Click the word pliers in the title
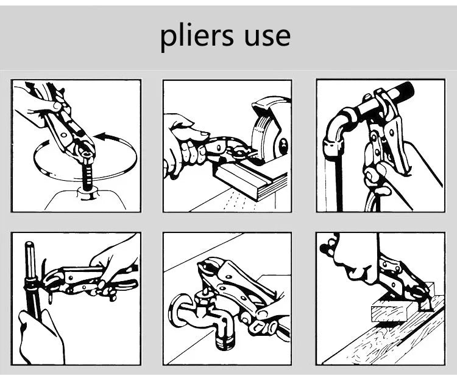(197, 38)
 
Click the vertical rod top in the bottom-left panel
(29, 245)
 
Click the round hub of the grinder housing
(283, 145)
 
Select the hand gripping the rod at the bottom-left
(41, 338)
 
